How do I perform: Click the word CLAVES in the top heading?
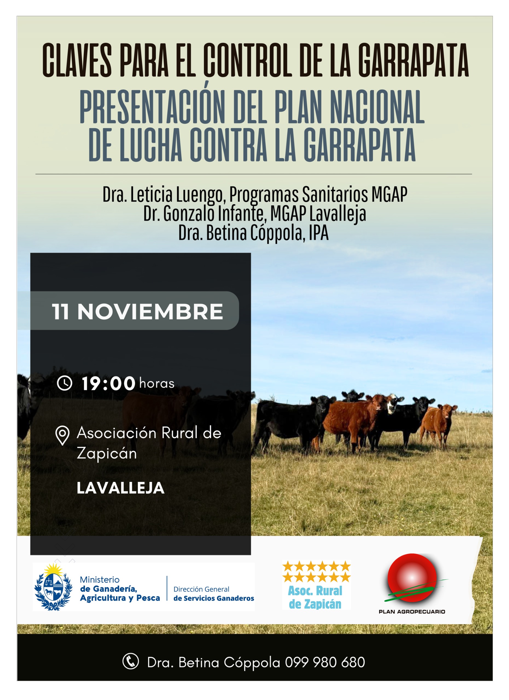[x=77, y=60]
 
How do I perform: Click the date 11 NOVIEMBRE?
[x=137, y=311]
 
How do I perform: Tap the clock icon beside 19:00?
[x=65, y=383]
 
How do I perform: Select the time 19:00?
[x=108, y=383]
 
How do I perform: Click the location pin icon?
[x=62, y=435]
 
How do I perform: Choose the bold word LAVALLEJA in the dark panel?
[x=120, y=488]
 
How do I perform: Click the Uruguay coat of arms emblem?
[x=53, y=588]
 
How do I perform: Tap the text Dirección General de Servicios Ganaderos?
[x=214, y=594]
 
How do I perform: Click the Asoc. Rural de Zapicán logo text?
[x=315, y=597]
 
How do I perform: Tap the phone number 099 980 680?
[x=325, y=662]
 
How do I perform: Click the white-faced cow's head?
[x=394, y=404]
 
